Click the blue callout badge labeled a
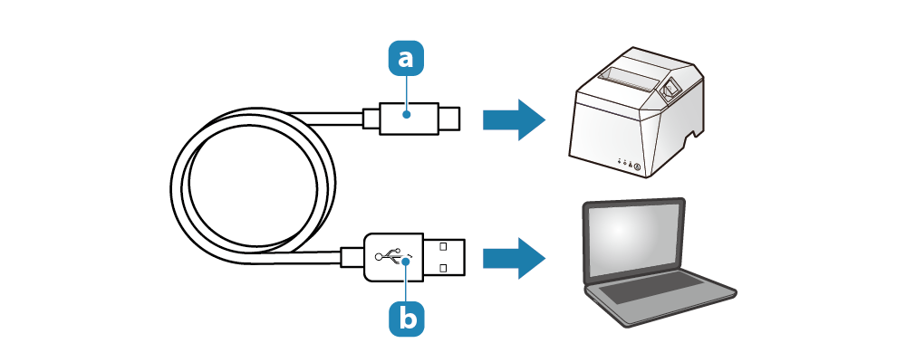point(406,58)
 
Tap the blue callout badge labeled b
point(406,318)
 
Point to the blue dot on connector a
point(407,114)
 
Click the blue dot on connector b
point(407,261)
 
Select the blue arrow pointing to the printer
point(514,120)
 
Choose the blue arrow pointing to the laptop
point(514,258)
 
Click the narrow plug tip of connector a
point(448,119)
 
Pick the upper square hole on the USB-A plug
point(443,246)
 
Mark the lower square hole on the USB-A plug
point(443,268)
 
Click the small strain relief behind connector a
point(371,119)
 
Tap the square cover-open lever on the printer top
point(670,89)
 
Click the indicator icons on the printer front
point(629,164)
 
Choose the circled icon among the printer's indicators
point(637,167)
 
